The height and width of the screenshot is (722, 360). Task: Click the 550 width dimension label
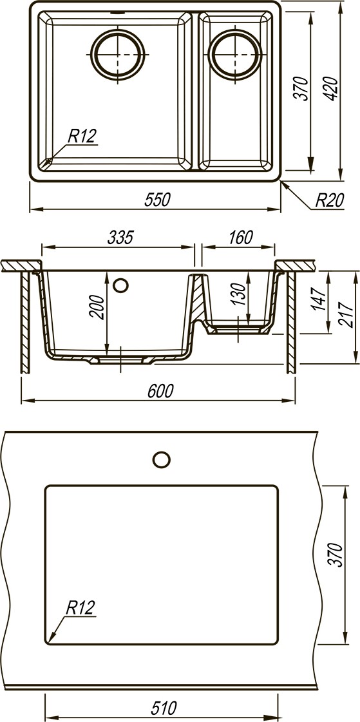pyautogui.click(x=157, y=200)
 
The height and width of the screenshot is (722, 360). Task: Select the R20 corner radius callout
pyautogui.click(x=330, y=200)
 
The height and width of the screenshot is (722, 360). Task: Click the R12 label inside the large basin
pyautogui.click(x=82, y=136)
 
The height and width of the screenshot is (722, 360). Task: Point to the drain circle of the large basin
pyautogui.click(x=118, y=54)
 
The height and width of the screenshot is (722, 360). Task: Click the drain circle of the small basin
pyautogui.click(x=235, y=54)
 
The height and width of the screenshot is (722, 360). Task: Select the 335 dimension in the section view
pyautogui.click(x=120, y=237)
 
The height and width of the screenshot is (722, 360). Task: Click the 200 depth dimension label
pyautogui.click(x=98, y=306)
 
